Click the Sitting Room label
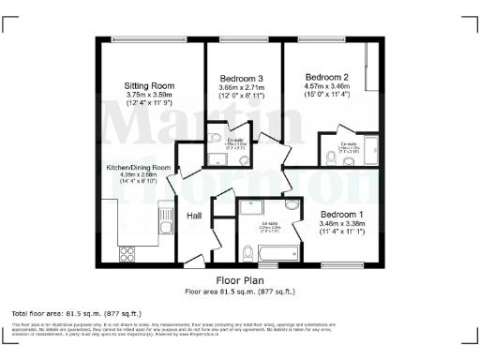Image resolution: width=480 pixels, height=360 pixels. click(150, 85)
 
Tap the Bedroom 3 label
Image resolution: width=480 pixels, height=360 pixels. click(242, 78)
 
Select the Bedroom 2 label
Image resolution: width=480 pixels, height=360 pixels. click(325, 77)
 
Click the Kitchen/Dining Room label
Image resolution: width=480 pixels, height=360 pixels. click(138, 168)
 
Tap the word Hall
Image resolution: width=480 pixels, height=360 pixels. click(194, 216)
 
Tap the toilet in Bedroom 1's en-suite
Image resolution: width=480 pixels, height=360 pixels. click(246, 251)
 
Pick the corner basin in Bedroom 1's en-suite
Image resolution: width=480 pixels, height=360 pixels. click(292, 206)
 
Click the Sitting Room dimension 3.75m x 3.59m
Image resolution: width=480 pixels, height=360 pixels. click(150, 94)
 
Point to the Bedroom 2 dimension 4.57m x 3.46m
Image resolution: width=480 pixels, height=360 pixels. click(325, 86)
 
